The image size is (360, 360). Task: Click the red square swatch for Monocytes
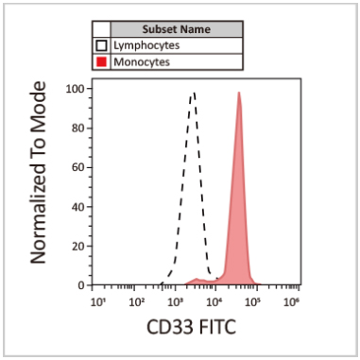coord(100,61)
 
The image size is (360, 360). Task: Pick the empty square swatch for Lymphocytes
coord(100,44)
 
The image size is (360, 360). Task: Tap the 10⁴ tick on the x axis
coord(214,301)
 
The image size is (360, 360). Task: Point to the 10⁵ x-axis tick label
coord(252,301)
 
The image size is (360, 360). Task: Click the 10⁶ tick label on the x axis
coord(291,301)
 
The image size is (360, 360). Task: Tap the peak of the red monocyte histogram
coord(239,93)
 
